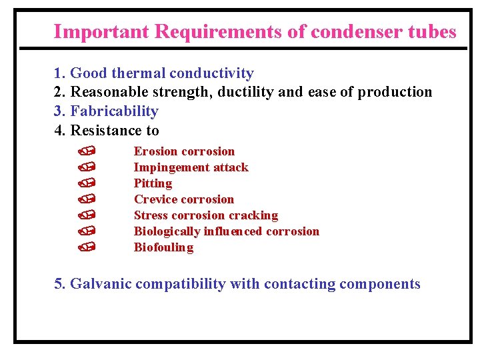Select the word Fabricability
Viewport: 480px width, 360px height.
(x=114, y=111)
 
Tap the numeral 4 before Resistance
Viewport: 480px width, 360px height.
(x=59, y=130)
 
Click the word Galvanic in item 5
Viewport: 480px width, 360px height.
(x=101, y=284)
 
